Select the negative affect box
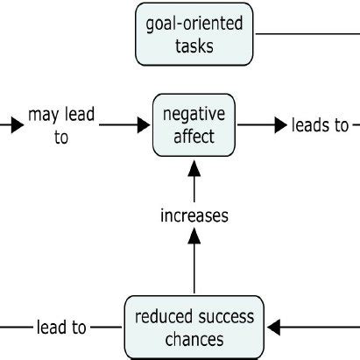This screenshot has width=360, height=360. click(194, 125)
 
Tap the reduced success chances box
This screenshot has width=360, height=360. click(193, 327)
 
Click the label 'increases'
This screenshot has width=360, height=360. click(194, 215)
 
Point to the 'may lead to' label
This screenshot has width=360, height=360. click(61, 125)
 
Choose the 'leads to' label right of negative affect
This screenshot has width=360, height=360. click(320, 125)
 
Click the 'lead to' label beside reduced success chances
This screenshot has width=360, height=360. click(61, 328)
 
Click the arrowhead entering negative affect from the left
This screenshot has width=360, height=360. click(144, 125)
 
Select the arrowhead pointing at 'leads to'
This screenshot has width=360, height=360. click(283, 125)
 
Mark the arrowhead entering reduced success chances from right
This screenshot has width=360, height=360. click(274, 328)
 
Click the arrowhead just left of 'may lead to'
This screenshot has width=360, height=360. click(18, 125)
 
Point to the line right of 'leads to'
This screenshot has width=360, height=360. click(355, 125)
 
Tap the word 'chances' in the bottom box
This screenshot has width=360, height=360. click(193, 338)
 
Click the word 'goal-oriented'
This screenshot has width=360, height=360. click(194, 24)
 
